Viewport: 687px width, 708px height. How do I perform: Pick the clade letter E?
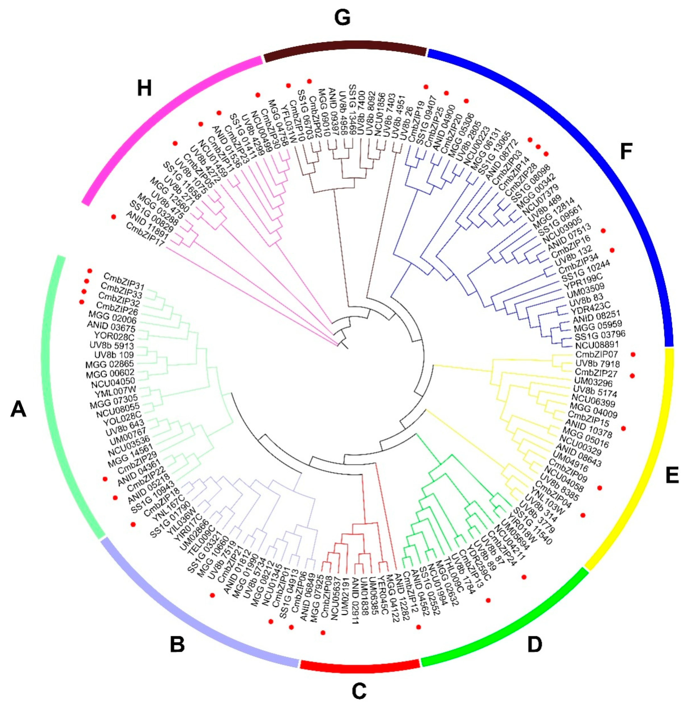[x=672, y=475]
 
